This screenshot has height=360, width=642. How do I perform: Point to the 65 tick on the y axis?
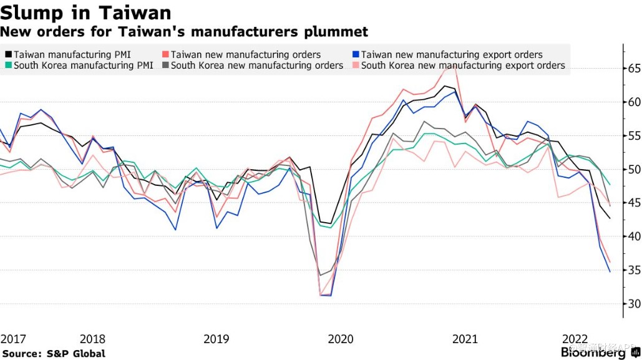(633, 68)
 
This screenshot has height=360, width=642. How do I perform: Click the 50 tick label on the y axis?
(633, 169)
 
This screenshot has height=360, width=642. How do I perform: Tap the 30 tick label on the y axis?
(633, 304)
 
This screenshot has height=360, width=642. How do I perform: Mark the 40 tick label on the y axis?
(633, 236)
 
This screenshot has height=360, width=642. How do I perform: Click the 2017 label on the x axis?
(12, 339)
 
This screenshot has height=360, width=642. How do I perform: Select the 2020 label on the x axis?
(341, 339)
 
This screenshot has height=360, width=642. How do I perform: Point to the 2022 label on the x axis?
(575, 339)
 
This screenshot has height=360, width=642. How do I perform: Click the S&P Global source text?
(53, 354)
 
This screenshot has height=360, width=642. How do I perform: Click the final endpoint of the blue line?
(610, 271)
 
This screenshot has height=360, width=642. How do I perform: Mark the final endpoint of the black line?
(610, 218)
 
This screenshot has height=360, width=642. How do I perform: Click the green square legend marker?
(7, 66)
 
